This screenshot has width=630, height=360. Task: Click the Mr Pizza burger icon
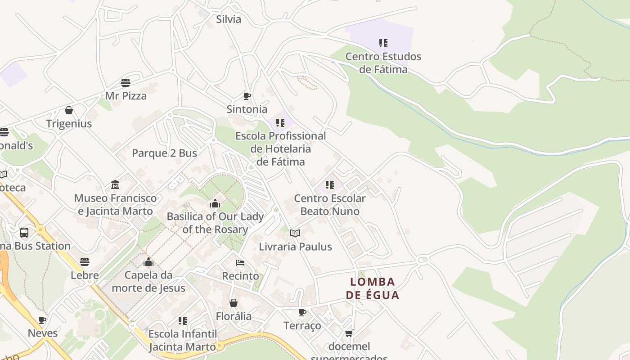126,83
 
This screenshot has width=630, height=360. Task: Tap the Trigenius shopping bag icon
69,110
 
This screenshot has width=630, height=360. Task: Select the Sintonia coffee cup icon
247,96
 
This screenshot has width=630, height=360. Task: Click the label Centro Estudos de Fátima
383,63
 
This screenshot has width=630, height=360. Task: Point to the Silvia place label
229,19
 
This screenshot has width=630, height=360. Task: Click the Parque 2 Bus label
164,153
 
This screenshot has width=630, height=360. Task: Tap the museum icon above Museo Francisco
115,185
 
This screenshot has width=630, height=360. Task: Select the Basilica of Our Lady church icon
215,203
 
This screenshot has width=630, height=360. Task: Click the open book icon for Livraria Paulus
295,233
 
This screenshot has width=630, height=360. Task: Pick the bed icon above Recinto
240,262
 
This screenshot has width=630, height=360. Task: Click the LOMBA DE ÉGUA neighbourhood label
373,288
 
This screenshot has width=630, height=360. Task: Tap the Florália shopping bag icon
234,303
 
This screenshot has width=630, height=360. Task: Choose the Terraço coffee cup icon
302,312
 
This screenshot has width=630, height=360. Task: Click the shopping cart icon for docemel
349,333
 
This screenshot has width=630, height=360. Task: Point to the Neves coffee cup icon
42,320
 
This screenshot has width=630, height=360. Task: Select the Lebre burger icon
85,261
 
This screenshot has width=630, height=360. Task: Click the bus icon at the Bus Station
24,233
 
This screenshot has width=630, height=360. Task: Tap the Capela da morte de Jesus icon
148,262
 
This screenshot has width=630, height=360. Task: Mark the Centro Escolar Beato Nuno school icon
330,185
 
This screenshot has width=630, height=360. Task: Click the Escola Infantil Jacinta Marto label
182,341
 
